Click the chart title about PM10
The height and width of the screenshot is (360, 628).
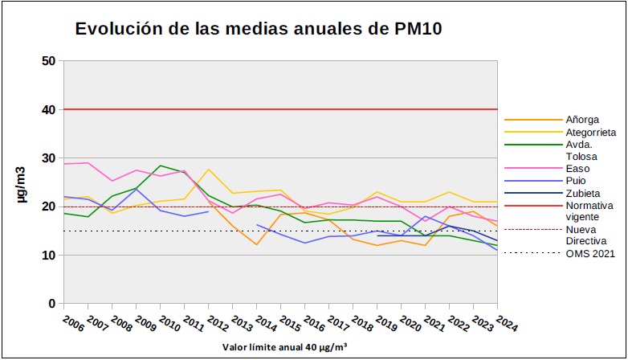coord(259,29)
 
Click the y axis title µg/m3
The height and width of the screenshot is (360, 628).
coord(23,182)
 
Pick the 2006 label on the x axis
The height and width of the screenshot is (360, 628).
coord(73,323)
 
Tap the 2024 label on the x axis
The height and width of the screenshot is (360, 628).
coord(507,323)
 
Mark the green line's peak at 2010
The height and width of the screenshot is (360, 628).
coord(161,166)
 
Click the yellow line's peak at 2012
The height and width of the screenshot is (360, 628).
coord(209,170)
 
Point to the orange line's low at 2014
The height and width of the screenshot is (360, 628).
coord(257,244)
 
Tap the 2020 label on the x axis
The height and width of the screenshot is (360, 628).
coord(410,323)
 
